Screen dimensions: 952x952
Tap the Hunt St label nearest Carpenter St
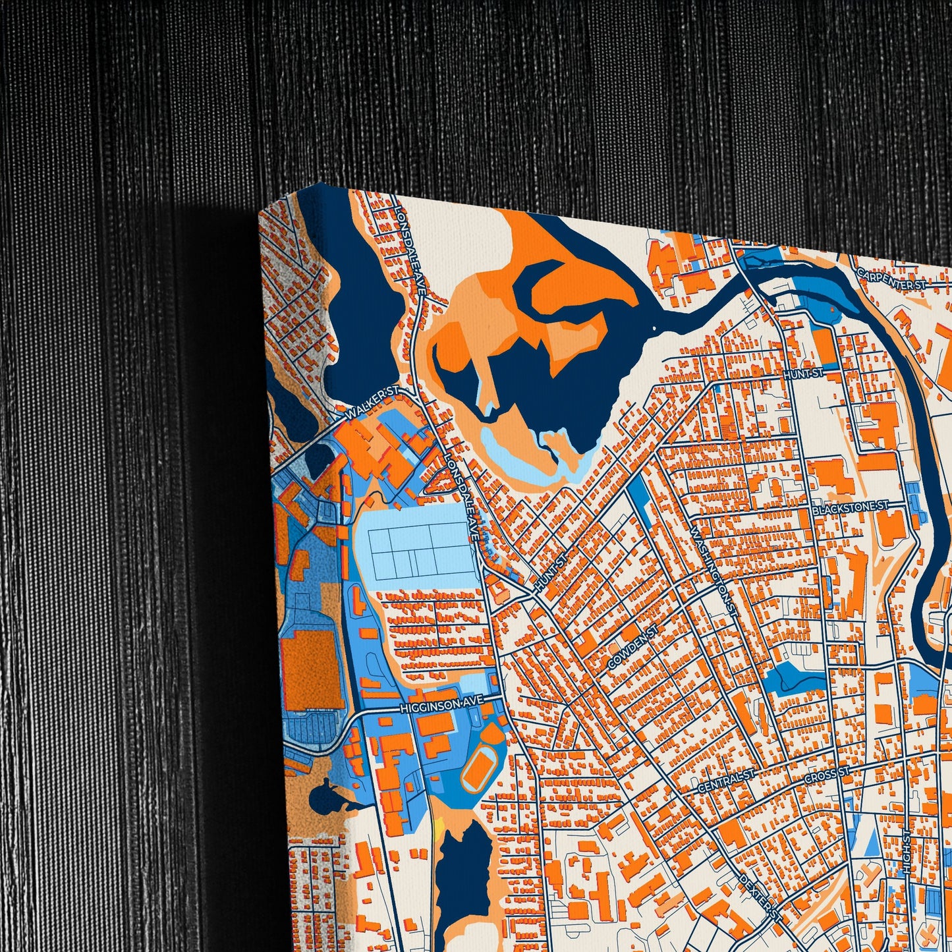[x=804, y=374]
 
